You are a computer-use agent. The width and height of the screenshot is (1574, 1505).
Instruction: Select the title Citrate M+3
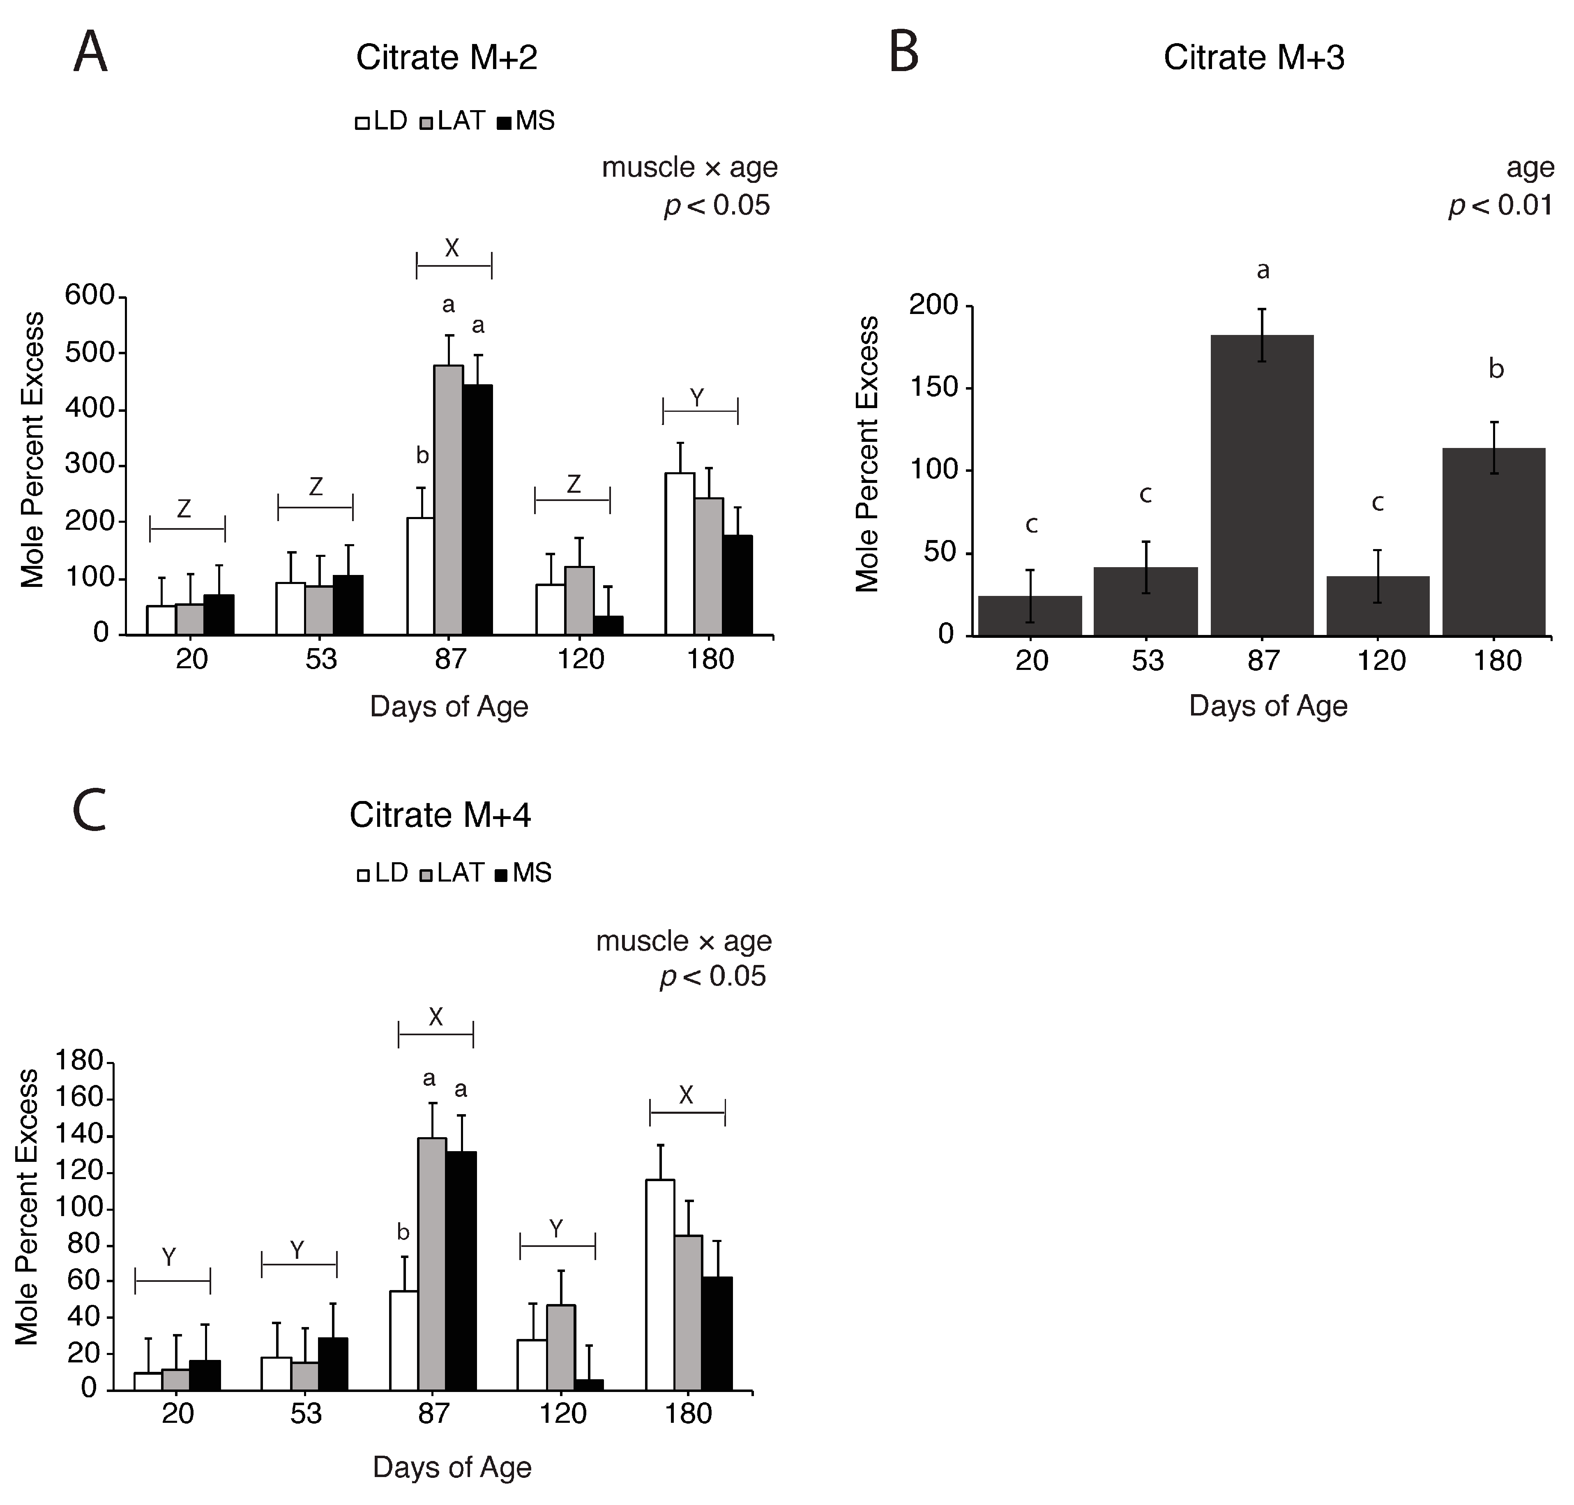click(x=1253, y=58)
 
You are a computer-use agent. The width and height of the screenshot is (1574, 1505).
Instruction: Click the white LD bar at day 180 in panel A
click(x=679, y=554)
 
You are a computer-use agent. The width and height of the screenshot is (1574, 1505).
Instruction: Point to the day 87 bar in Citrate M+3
click(x=1261, y=485)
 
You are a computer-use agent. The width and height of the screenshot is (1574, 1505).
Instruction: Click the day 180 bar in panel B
click(x=1493, y=542)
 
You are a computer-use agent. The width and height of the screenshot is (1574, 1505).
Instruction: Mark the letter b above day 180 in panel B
click(x=1496, y=370)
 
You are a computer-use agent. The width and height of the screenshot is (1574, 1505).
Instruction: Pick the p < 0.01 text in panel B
click(x=1500, y=205)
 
